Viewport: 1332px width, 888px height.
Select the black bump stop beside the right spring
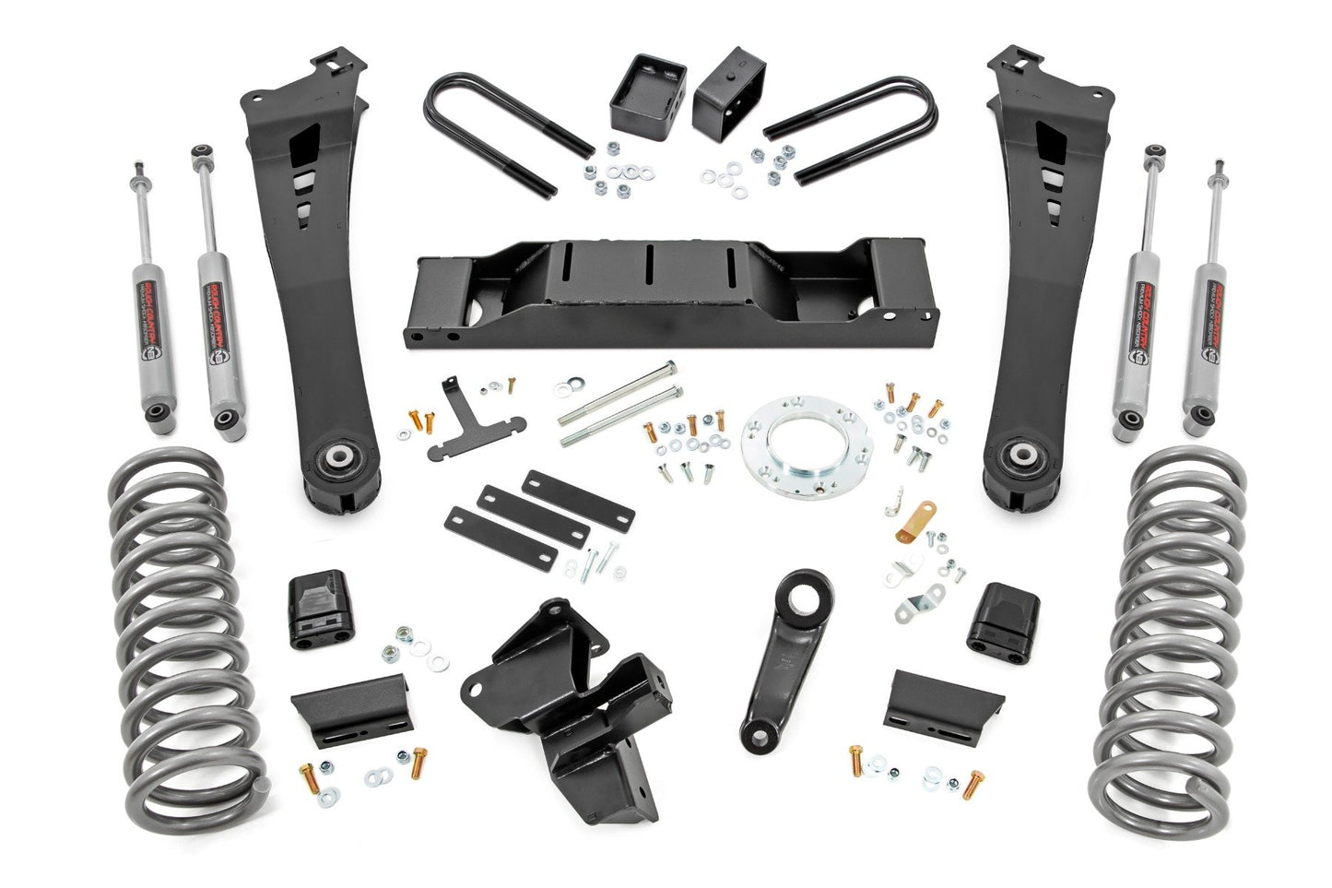click(1003, 615)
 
